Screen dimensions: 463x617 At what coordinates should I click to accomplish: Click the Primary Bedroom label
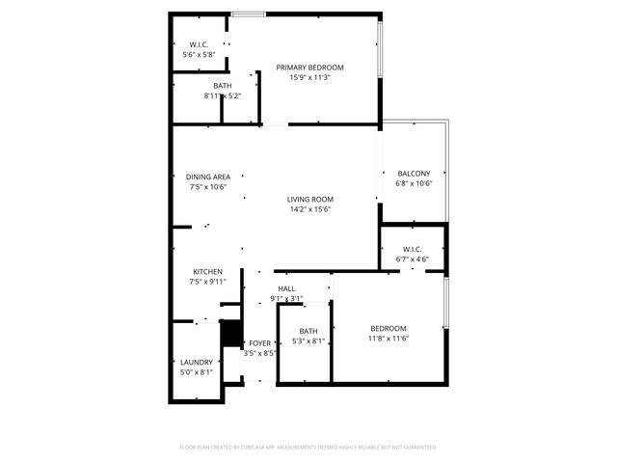point(309,68)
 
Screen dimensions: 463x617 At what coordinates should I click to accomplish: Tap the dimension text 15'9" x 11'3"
point(309,78)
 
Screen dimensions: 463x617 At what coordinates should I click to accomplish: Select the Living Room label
point(309,199)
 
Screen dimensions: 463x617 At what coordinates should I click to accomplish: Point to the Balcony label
point(414,173)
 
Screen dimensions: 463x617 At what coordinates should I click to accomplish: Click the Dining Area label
point(208,177)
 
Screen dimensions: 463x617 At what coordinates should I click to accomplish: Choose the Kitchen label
point(207,272)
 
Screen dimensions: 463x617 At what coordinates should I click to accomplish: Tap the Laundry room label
point(196,363)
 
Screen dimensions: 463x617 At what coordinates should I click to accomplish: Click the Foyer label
point(260,343)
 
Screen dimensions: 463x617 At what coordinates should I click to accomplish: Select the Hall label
point(286,288)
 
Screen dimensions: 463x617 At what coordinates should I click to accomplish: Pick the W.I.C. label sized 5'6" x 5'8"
point(200,44)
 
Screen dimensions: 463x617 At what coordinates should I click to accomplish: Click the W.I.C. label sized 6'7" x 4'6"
point(413,248)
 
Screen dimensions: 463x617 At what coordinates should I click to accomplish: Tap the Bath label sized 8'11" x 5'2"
point(223,86)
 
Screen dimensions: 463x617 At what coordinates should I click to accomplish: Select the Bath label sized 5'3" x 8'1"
point(308,331)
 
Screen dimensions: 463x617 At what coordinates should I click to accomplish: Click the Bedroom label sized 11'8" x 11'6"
point(388,328)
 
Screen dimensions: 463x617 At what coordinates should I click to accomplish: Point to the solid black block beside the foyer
point(230,333)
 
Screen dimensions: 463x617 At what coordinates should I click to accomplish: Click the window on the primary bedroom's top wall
point(249,14)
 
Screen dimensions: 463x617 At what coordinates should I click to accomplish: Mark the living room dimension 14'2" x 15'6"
point(309,209)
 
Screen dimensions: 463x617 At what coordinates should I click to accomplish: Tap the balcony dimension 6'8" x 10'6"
point(414,183)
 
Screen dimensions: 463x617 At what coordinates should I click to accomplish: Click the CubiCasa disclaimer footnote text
point(308,447)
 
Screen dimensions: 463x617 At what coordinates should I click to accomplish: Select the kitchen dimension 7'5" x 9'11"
point(207,282)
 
